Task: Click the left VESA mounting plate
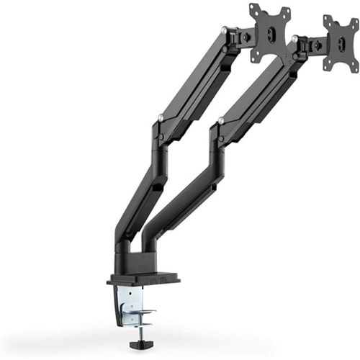pyautogui.click(x=270, y=32)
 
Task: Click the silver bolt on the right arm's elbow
pyautogui.click(x=220, y=120)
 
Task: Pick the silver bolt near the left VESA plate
pyautogui.click(x=225, y=30)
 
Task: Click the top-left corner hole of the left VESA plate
pyautogui.click(x=253, y=9)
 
